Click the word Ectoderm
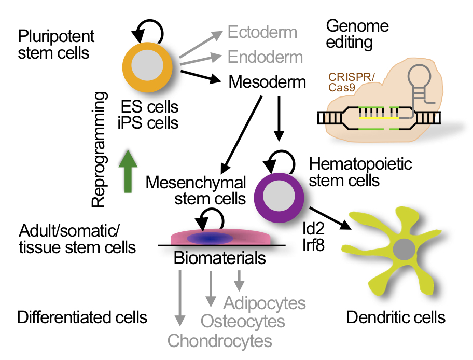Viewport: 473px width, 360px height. click(x=262, y=32)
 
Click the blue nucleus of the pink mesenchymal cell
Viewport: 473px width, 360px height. click(x=210, y=239)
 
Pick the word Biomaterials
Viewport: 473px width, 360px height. click(x=220, y=257)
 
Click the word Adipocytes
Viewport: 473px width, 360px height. click(x=265, y=302)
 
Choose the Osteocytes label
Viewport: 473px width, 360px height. click(x=243, y=321)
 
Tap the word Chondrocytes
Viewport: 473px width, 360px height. click(x=219, y=341)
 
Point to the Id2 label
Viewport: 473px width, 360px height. click(x=313, y=228)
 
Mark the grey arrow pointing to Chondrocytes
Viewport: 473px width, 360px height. click(x=179, y=298)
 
